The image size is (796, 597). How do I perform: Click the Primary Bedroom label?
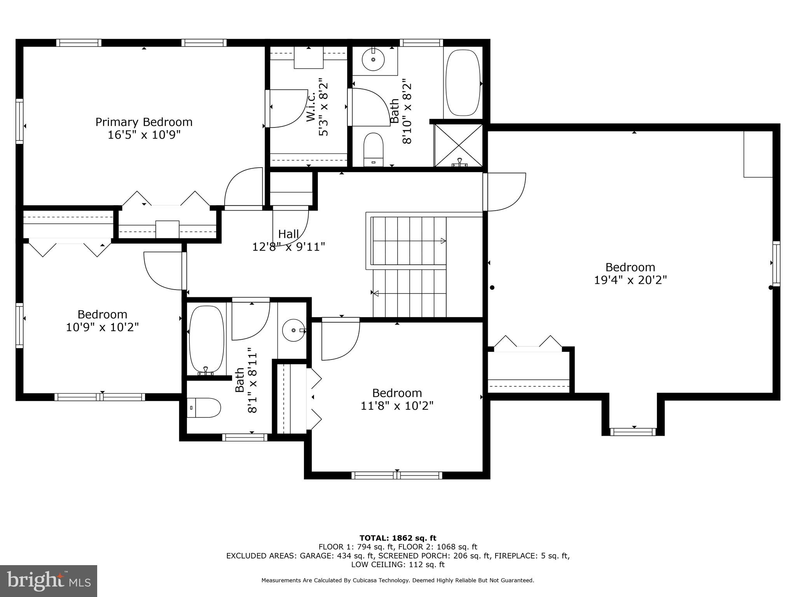coord(144,122)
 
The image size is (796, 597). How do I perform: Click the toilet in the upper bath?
coord(373,149)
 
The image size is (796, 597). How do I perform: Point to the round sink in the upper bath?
coord(373,60)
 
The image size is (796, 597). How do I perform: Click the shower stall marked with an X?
coord(459,145)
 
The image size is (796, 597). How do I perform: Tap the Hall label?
coord(288,234)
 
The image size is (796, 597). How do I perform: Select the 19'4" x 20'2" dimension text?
coord(630,280)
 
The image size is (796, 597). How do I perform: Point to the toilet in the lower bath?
coord(203,408)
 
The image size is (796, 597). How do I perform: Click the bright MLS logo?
coord(49,581)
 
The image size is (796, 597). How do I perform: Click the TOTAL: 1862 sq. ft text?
coord(398,538)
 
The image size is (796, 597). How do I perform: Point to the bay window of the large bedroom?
coord(633,431)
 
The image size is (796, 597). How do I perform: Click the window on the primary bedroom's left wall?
coord(19,121)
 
